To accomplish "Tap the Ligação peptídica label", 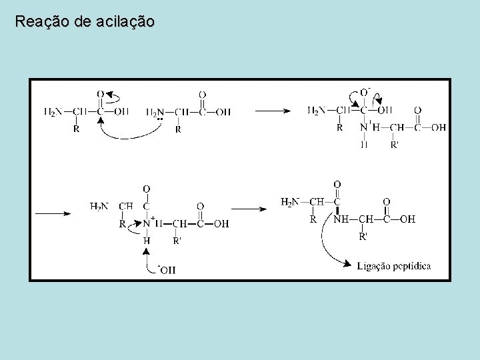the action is pos(393,266).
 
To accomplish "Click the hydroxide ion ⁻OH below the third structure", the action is pos(167,269).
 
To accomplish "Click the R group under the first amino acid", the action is pos(76,129).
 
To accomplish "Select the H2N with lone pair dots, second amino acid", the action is pos(155,112).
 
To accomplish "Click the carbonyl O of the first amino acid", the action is pos(100,95).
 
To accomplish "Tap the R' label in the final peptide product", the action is pos(363,236).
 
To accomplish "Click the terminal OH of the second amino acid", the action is pos(224,112).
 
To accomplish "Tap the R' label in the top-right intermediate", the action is pos(395,144).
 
